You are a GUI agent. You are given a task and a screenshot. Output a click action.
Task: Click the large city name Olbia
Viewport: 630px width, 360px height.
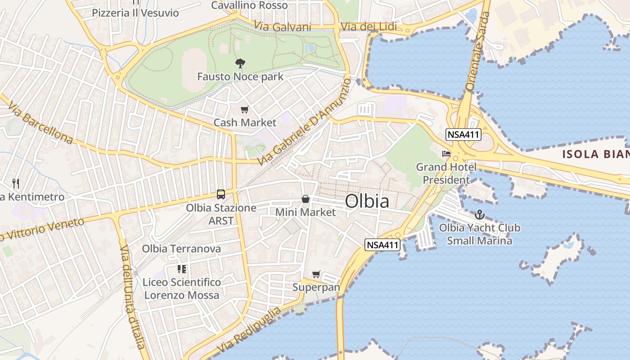click(367, 201)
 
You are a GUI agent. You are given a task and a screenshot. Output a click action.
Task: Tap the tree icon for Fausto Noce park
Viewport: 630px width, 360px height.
click(240, 63)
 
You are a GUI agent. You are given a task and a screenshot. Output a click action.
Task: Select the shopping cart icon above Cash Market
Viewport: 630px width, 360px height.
click(245, 109)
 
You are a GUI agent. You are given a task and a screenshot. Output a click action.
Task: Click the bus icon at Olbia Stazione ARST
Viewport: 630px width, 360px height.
click(221, 194)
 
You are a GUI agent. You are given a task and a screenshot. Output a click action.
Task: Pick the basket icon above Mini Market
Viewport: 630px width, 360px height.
click(306, 199)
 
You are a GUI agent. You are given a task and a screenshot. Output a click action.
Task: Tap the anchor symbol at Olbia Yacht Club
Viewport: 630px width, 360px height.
click(479, 215)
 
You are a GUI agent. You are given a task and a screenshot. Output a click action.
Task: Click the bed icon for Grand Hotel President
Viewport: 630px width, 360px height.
click(446, 154)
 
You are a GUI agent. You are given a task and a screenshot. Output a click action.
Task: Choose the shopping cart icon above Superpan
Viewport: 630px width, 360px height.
click(316, 274)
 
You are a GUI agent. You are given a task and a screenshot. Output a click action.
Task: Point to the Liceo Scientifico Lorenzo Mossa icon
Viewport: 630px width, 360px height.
click(182, 269)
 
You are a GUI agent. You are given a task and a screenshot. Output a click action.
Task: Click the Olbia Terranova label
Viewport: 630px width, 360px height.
click(181, 249)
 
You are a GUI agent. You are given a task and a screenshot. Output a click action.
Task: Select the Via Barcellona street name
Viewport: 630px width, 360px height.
click(40, 123)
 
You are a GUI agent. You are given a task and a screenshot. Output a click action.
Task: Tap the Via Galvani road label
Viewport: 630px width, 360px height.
click(283, 26)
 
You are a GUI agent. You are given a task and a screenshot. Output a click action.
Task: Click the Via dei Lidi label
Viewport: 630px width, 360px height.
click(369, 27)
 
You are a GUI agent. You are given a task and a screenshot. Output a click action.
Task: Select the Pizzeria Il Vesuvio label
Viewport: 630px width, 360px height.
click(135, 13)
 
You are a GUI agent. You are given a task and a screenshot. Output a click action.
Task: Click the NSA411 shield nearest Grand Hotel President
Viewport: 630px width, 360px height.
click(463, 134)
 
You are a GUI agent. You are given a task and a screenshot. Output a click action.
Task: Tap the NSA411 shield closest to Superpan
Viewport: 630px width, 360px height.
click(382, 245)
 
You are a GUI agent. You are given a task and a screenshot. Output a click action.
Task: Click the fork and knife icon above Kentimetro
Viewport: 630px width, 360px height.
click(16, 183)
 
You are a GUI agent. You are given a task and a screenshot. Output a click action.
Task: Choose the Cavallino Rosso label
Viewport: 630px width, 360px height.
click(249, 5)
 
